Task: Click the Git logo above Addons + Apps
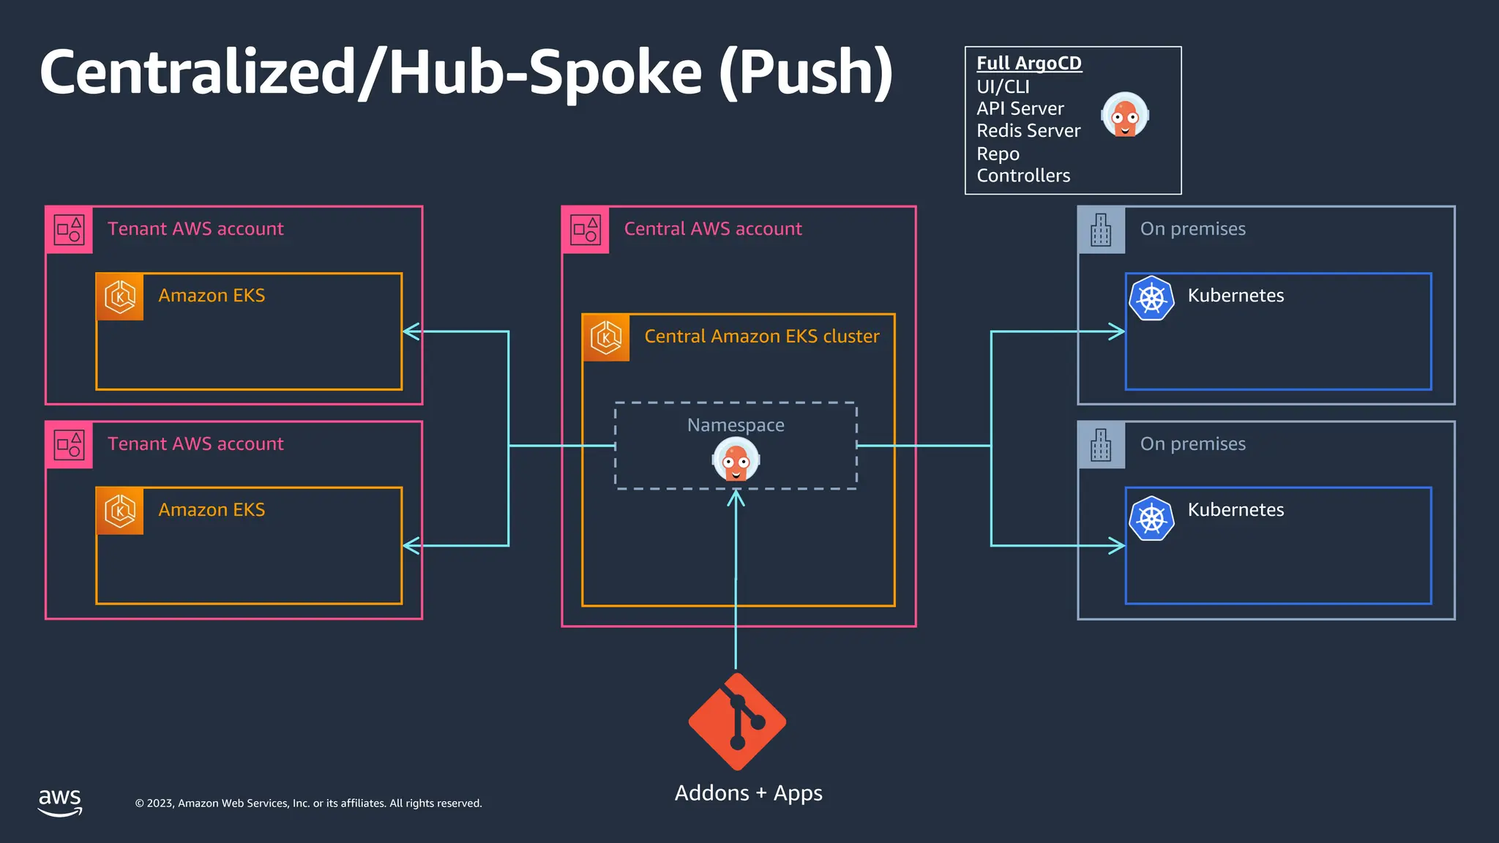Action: coord(737,722)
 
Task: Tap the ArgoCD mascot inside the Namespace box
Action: coord(736,460)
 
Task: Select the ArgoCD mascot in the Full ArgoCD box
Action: coord(1125,115)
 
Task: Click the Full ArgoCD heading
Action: coord(1028,64)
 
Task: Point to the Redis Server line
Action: coord(1028,131)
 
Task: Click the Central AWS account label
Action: coord(712,229)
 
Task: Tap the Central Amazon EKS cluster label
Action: coord(761,337)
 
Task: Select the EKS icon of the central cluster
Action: coord(606,337)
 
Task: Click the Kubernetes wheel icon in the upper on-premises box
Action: coord(1151,298)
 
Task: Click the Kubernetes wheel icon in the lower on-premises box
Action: coord(1151,518)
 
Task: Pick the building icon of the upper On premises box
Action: coord(1101,230)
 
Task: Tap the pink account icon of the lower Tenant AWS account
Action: coord(70,444)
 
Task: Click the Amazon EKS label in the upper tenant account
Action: coord(212,296)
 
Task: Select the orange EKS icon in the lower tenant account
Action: coord(120,511)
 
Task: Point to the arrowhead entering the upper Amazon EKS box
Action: coord(411,331)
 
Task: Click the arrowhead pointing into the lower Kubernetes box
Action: coord(1118,545)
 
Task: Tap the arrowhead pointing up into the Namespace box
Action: coord(736,498)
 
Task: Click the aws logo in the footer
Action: coord(60,802)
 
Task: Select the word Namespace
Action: coord(736,425)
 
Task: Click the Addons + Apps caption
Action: coord(748,793)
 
